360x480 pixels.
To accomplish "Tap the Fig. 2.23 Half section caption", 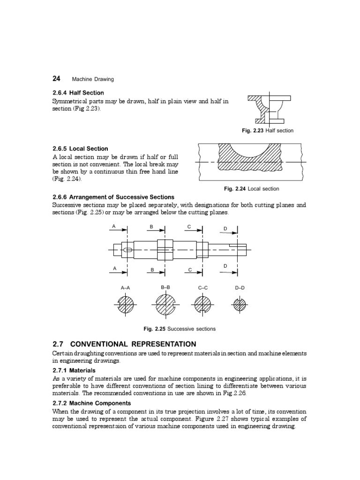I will pyautogui.click(x=268, y=131).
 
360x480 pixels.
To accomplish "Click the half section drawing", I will pyautogui.click(x=268, y=109).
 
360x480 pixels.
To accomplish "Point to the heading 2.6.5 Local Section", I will pyautogui.click(x=80, y=149).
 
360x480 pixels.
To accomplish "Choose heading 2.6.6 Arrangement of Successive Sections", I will pyautogui.click(x=113, y=197).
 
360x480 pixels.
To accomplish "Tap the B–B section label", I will pyautogui.click(x=165, y=288).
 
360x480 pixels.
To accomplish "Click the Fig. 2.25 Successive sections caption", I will pyautogui.click(x=180, y=329).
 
